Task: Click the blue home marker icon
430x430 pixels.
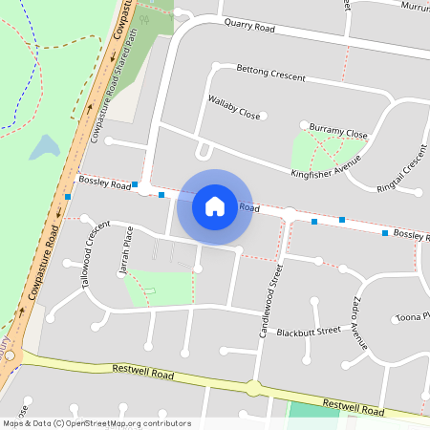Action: [215, 206]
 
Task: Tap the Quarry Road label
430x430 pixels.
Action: [248, 28]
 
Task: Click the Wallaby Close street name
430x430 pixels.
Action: [233, 107]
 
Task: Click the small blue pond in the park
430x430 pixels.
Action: [44, 147]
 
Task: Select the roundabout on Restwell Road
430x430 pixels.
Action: [253, 388]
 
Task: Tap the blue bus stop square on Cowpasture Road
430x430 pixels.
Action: [68, 197]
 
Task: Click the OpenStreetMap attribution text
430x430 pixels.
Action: [96, 423]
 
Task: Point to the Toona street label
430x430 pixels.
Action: [412, 316]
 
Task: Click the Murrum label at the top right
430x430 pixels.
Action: [415, 7]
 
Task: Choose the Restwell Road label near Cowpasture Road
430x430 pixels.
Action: [142, 372]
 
